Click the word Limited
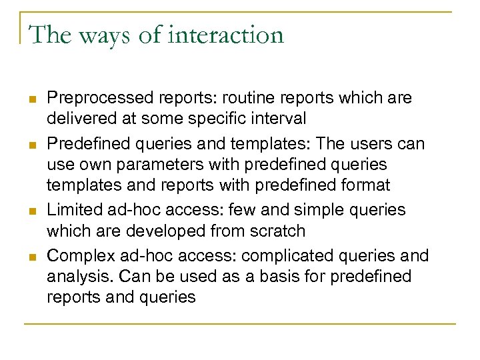point(75,209)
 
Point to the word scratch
point(275,231)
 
